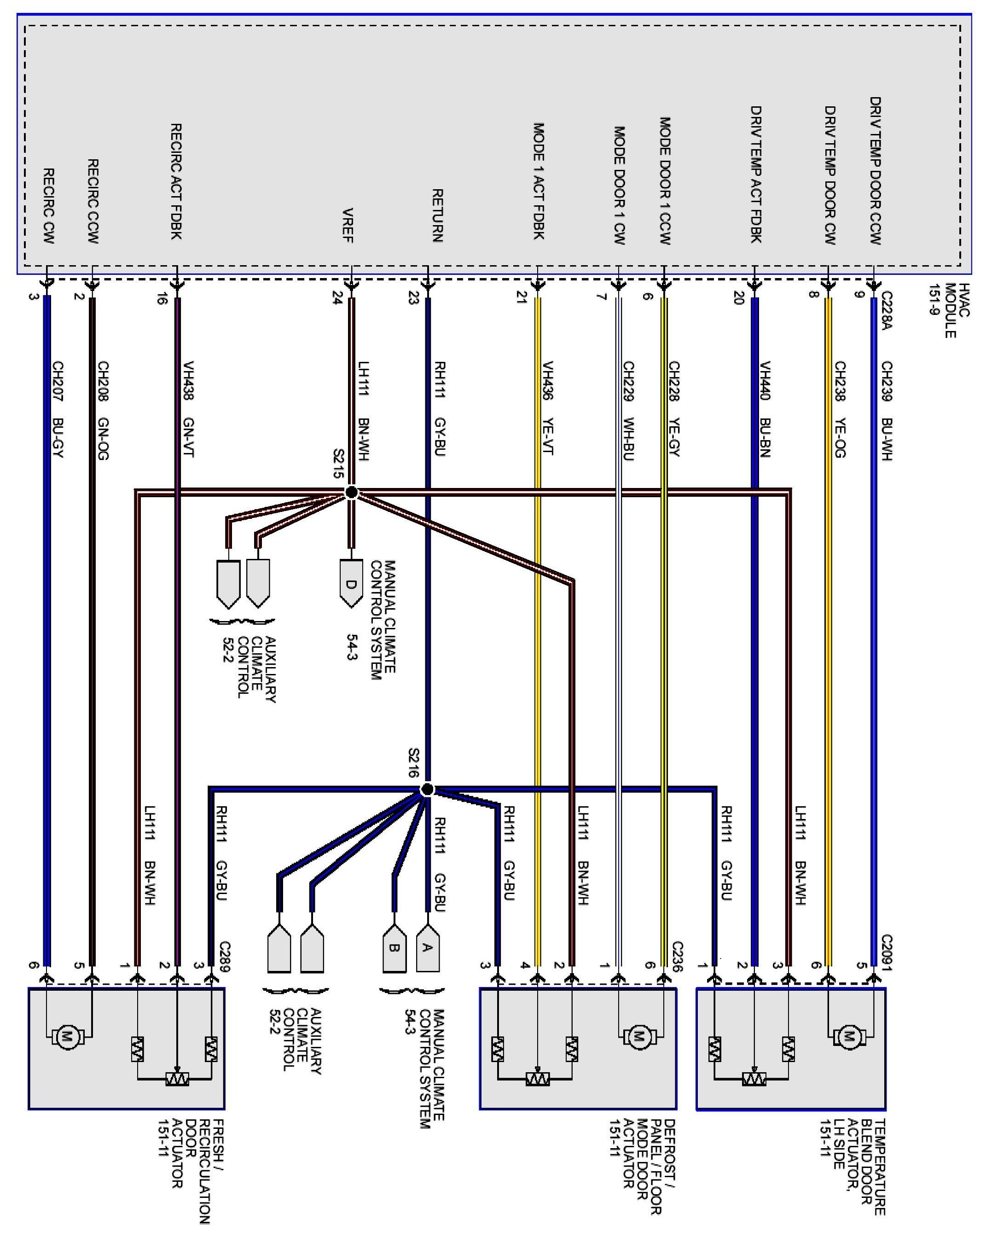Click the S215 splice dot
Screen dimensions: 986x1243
[x=351, y=492]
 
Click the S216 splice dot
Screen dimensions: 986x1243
[x=427, y=789]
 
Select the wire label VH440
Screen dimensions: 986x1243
[x=765, y=381]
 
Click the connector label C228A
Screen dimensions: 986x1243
[x=886, y=311]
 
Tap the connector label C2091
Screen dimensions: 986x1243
[x=886, y=953]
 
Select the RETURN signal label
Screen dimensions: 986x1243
[x=437, y=215]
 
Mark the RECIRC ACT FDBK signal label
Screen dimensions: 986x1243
[x=176, y=181]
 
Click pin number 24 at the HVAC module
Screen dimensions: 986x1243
[x=337, y=298]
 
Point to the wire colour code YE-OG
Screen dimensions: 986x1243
[x=840, y=438]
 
